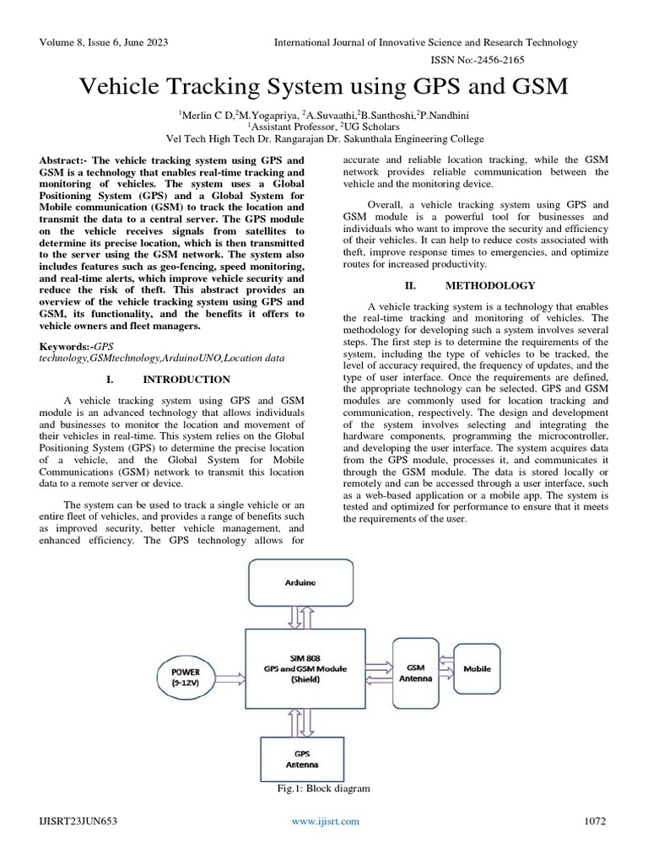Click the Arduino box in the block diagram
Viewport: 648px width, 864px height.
302,583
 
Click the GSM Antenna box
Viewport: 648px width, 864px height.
416,672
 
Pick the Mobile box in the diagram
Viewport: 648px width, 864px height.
477,668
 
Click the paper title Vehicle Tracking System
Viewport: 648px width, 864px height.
323,87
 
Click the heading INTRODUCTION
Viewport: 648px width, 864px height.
186,380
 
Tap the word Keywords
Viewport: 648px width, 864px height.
66,347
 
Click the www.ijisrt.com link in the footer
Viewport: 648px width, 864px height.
325,821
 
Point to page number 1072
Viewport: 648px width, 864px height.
596,821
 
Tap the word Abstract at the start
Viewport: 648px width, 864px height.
64,159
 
